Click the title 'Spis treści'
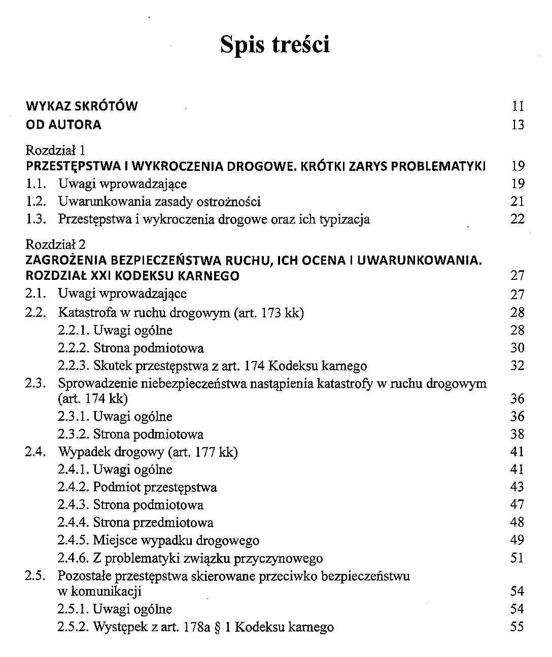coord(275,45)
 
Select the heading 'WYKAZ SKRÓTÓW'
coord(82,106)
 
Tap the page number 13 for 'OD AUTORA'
coord(517,125)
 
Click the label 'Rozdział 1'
coord(55,150)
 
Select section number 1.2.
coord(36,202)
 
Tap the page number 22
coord(517,220)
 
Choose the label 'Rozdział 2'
coord(56,244)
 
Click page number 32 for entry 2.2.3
coord(517,366)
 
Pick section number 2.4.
coord(36,452)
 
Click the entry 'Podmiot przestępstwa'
coord(155,487)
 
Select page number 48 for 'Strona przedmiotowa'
coord(517,523)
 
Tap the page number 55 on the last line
coord(517,627)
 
